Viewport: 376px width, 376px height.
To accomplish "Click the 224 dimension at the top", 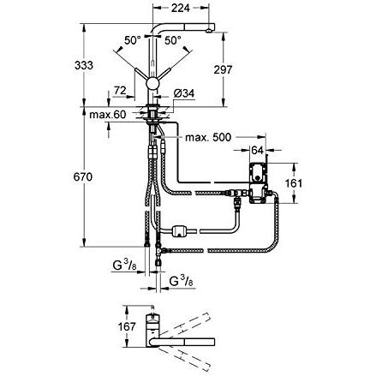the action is pyautogui.click(x=180, y=8).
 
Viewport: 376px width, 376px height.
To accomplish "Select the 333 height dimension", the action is pyautogui.click(x=84, y=65).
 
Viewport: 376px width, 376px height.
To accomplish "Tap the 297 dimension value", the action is pyautogui.click(x=223, y=69).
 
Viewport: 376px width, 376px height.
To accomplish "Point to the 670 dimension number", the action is pyautogui.click(x=83, y=177).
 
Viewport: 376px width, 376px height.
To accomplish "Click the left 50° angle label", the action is pyautogui.click(x=133, y=40).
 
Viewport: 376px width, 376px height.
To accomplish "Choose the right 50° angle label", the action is pyautogui.click(x=173, y=40).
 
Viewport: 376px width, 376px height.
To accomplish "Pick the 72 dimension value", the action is pyautogui.click(x=120, y=91).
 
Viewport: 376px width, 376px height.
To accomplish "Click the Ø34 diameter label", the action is pyautogui.click(x=184, y=93).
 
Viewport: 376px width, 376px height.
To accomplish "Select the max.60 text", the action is pyautogui.click(x=107, y=115).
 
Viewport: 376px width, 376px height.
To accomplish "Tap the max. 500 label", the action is pyautogui.click(x=208, y=137).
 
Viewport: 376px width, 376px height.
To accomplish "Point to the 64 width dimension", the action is pyautogui.click(x=257, y=150).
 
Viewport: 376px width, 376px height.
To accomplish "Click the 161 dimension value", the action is pyautogui.click(x=294, y=183).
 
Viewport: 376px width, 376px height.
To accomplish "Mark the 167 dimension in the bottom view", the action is pyautogui.click(x=127, y=326).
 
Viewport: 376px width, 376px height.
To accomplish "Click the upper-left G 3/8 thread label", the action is pyautogui.click(x=125, y=266).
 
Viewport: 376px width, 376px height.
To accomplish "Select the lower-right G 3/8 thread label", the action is pyautogui.click(x=182, y=282).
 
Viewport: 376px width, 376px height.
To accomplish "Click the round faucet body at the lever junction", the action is pyautogui.click(x=152, y=83).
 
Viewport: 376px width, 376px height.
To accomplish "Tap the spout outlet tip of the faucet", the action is pyautogui.click(x=210, y=31).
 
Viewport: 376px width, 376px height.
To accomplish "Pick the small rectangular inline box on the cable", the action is pyautogui.click(x=178, y=231).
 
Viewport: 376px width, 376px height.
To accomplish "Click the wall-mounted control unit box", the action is pyautogui.click(x=258, y=183).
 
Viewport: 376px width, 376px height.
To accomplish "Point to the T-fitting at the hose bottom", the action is pyautogui.click(x=158, y=251).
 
